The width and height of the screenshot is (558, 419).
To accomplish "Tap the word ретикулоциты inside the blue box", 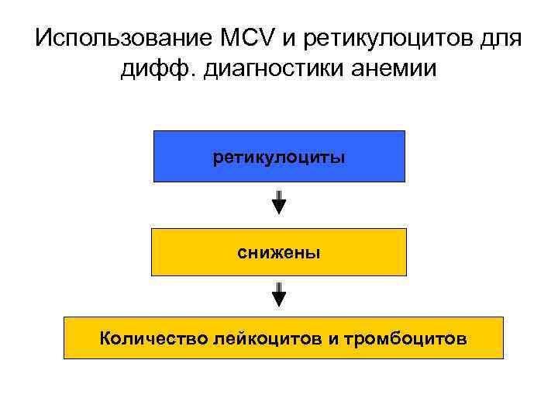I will coord(279,157).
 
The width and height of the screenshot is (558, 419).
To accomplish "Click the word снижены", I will coord(279,252).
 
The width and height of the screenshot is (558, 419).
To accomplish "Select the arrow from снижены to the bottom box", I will coord(279,295).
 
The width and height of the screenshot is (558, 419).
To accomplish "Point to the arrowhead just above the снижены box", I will coord(279,207).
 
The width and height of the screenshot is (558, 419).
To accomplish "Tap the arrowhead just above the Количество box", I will coord(279,300).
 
